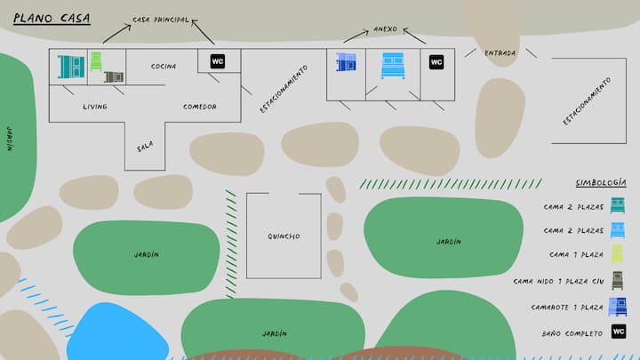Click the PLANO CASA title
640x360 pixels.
[x=51, y=16]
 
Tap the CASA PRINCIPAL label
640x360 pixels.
[x=160, y=20]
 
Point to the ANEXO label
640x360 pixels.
[x=385, y=28]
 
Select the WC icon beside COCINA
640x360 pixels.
[x=217, y=61]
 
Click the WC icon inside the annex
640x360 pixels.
[x=436, y=62]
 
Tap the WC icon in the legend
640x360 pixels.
[x=619, y=332]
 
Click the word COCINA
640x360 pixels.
[x=164, y=66]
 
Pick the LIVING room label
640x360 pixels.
[x=95, y=107]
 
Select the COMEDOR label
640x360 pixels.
[x=199, y=107]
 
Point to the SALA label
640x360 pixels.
[x=145, y=148]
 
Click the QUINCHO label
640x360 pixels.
[x=284, y=236]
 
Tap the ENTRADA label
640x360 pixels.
[x=500, y=52]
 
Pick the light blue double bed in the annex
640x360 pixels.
[x=393, y=64]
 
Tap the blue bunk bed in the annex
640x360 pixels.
[x=346, y=62]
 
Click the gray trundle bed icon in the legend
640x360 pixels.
[x=619, y=281]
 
